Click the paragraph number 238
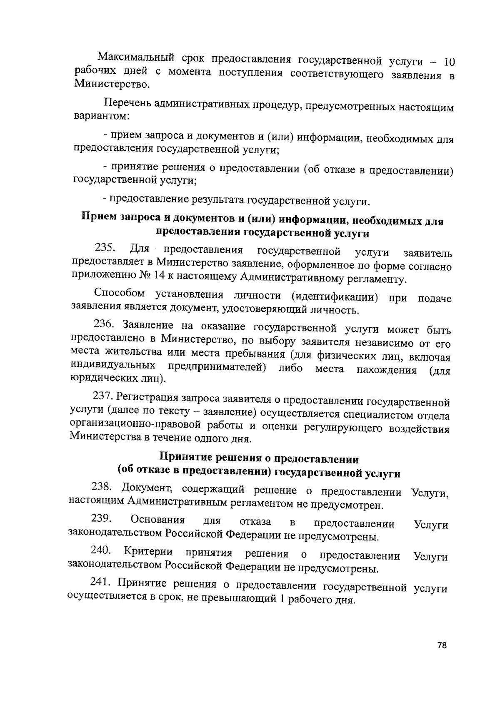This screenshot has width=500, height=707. click(101, 486)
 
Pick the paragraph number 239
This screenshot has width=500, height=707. click(100, 518)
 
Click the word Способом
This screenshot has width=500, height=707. click(120, 293)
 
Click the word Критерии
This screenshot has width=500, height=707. click(148, 552)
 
